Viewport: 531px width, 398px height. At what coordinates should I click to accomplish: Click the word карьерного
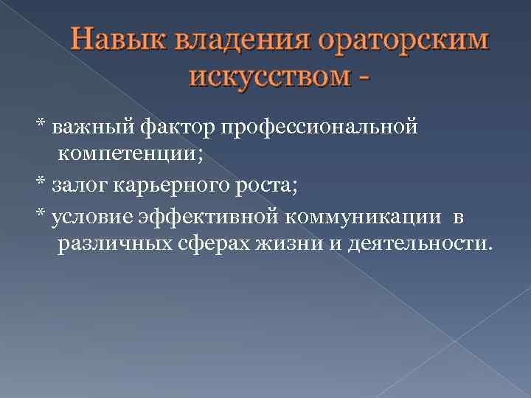pos(160,184)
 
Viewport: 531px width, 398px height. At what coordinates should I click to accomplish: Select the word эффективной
pos(207,215)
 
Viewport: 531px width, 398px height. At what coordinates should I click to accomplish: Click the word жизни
pos(270,242)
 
